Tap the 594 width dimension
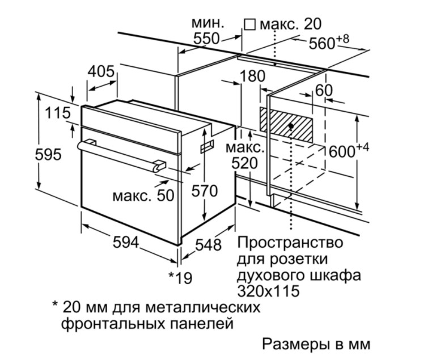click(125, 242)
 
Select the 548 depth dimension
click(208, 245)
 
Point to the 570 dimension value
click(204, 191)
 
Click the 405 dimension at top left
click(101, 72)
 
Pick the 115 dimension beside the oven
click(57, 113)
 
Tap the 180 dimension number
click(252, 76)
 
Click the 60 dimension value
click(323, 90)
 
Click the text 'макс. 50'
click(142, 196)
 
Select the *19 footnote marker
click(181, 278)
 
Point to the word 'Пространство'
click(290, 243)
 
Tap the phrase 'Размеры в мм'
click(316, 344)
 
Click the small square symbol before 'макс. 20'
click(249, 24)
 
